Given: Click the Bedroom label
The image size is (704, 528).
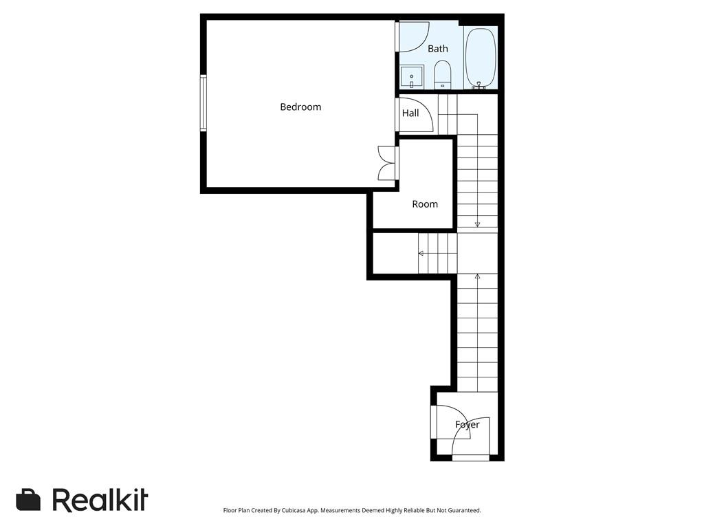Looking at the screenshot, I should click(x=300, y=107).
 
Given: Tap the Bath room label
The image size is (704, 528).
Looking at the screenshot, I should click(x=438, y=49).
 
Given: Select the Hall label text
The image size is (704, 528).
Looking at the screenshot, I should click(x=410, y=113).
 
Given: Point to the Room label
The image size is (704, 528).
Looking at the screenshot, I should click(x=425, y=204).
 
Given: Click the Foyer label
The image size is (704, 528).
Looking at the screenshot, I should click(x=467, y=425).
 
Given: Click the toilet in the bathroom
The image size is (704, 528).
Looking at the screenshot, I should click(x=442, y=74).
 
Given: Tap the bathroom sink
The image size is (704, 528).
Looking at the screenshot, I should click(x=412, y=77).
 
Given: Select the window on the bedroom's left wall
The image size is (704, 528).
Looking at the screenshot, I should click(x=203, y=102).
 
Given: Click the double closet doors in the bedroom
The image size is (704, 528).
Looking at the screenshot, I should click(x=387, y=163).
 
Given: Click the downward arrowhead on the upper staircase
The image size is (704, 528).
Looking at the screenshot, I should click(x=477, y=224).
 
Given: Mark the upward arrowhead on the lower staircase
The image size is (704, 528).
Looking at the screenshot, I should click(x=477, y=276).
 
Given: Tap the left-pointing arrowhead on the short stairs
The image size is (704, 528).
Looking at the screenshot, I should click(x=421, y=253).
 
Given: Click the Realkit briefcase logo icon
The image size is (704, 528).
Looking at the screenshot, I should click(x=28, y=500).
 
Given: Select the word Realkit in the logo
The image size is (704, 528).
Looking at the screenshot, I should click(x=100, y=500).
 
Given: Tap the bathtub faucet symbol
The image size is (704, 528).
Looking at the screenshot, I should click(x=479, y=85).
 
